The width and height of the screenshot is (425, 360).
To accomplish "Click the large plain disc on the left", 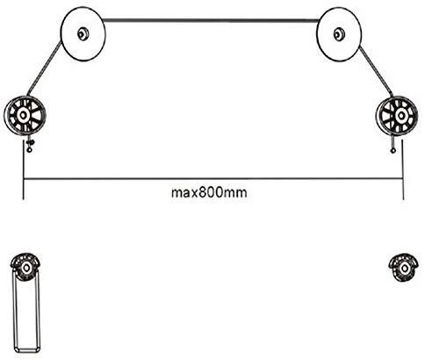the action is pyautogui.click(x=83, y=34).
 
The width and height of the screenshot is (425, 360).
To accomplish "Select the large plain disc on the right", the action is pyautogui.click(x=339, y=34).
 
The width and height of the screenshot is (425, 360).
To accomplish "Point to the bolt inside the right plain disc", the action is pyautogui.click(x=338, y=34).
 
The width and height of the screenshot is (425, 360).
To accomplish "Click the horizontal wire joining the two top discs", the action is pyautogui.click(x=211, y=20).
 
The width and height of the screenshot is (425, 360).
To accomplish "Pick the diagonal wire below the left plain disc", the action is pyautogui.click(x=45, y=68).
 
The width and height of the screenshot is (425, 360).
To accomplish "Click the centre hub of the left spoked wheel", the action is pyautogui.click(x=22, y=115).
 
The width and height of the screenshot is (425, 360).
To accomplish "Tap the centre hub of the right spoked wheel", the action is pyautogui.click(x=400, y=116).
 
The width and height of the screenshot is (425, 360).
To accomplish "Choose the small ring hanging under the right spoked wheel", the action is pyautogui.click(x=393, y=151).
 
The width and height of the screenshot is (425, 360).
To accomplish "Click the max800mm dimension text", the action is pyautogui.click(x=209, y=193).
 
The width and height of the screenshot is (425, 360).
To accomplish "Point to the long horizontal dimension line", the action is pyautogui.click(x=213, y=178).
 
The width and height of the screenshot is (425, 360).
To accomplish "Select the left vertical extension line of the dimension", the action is pyautogui.click(x=24, y=169).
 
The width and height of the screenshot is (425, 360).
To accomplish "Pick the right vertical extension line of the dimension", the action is pyautogui.click(x=403, y=169).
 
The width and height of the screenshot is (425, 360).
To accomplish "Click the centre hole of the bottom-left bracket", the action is pyautogui.click(x=26, y=268).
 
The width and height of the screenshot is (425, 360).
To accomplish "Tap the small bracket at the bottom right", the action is pyautogui.click(x=403, y=267).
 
